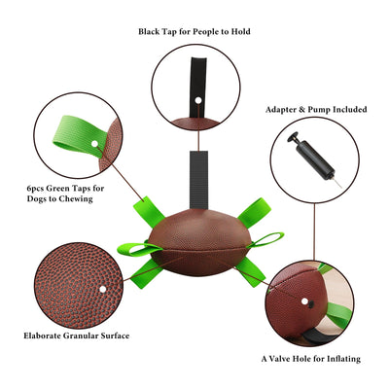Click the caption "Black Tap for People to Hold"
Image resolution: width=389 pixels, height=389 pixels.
194,32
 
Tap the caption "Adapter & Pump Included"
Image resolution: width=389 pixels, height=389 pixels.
316,110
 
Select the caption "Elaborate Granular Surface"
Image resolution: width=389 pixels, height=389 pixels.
77,336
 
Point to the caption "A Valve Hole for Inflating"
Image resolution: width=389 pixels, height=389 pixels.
311,359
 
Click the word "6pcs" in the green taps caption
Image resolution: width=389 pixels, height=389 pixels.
35,189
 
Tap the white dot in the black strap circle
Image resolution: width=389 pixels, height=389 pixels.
198,100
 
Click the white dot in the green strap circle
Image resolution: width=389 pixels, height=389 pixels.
94,144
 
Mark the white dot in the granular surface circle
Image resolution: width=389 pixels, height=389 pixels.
103,289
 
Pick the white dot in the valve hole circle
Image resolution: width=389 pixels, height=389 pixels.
304,301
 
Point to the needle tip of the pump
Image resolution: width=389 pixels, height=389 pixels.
341,188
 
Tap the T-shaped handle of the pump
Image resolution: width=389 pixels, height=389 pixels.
294,138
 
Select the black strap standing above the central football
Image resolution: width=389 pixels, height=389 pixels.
198,180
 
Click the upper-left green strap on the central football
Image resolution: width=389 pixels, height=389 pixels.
150,209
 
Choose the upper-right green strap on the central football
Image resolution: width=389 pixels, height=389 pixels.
254,212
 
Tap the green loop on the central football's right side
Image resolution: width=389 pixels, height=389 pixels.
265,240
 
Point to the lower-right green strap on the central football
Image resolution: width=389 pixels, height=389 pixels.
250,271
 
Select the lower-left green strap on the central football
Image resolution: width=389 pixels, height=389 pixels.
146,273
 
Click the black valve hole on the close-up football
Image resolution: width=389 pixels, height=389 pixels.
311,304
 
